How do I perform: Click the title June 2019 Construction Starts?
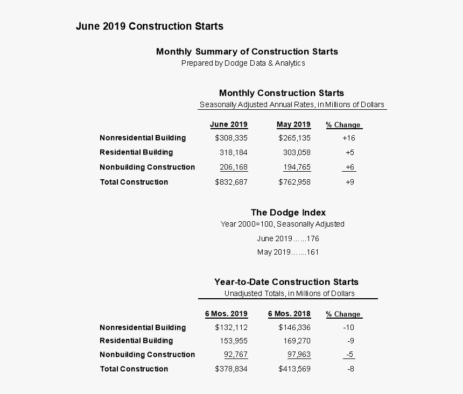click(x=149, y=26)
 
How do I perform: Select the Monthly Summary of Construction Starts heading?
click(x=247, y=52)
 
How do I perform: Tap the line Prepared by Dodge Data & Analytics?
click(x=243, y=63)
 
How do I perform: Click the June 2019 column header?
click(x=229, y=124)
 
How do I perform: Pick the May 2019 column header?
click(x=293, y=124)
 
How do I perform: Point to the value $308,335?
click(x=231, y=138)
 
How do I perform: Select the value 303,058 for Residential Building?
click(x=297, y=152)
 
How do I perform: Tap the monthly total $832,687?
click(x=231, y=182)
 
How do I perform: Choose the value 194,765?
click(x=297, y=167)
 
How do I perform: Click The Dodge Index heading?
click(x=288, y=213)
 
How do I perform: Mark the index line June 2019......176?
click(x=284, y=238)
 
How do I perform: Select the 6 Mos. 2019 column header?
click(x=226, y=314)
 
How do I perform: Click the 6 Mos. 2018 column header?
click(x=289, y=314)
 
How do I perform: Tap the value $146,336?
click(x=294, y=327)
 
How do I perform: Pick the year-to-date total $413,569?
click(x=294, y=369)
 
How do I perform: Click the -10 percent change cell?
click(x=348, y=327)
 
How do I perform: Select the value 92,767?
click(x=236, y=354)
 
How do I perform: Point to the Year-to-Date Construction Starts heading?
click(x=286, y=282)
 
